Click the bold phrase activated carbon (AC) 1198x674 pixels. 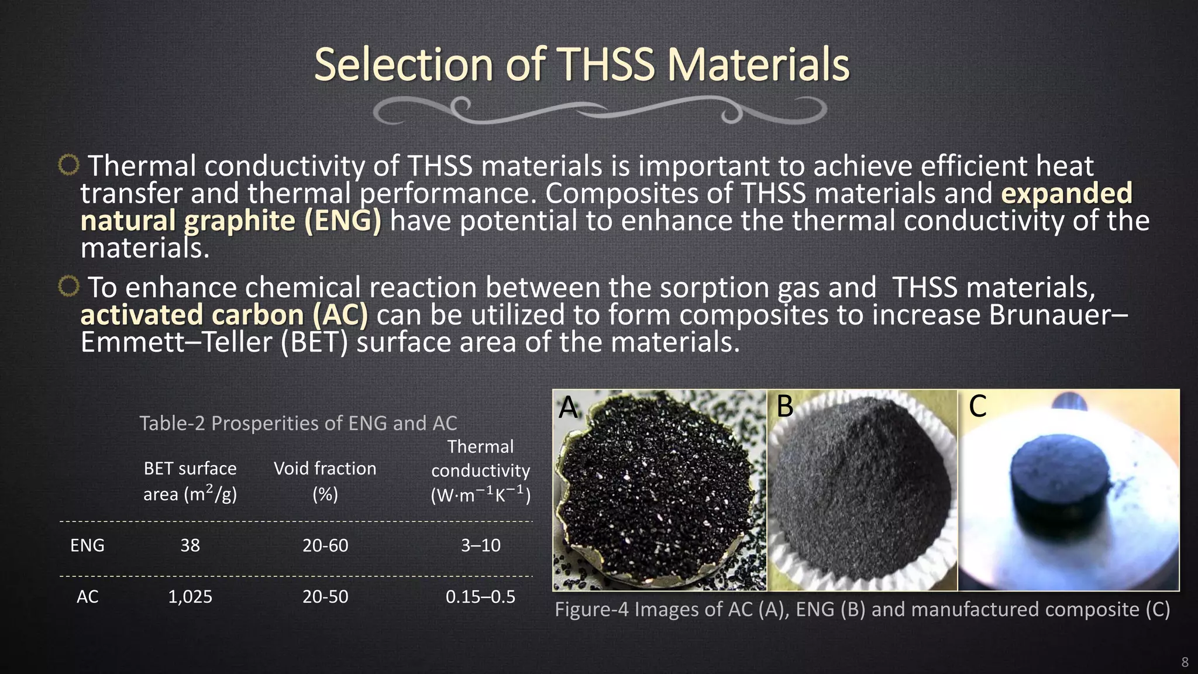click(x=224, y=315)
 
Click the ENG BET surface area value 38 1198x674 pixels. click(x=190, y=545)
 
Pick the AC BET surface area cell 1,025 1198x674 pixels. click(x=190, y=597)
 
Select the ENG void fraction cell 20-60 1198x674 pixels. click(x=325, y=545)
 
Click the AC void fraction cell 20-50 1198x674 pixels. click(x=325, y=597)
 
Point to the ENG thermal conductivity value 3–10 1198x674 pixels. click(x=480, y=545)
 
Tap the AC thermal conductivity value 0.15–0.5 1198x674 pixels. click(x=480, y=597)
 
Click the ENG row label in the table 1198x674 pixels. click(x=87, y=545)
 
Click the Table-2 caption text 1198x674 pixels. click(x=298, y=423)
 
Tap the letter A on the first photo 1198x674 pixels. click(x=568, y=407)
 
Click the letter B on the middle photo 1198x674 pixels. click(x=785, y=406)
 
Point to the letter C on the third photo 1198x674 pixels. click(x=977, y=406)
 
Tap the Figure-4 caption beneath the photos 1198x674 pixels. click(x=862, y=610)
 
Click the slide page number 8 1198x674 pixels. click(x=1185, y=662)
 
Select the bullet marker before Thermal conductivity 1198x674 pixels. click(x=68, y=166)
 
